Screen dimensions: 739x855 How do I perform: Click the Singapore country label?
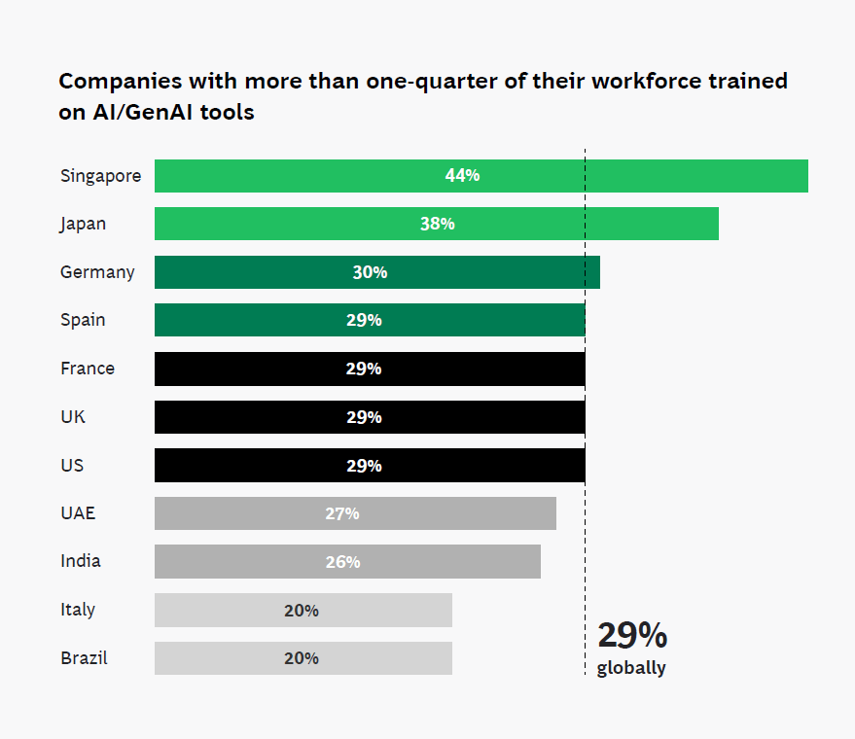click(x=100, y=176)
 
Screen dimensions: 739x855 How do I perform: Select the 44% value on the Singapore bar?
click(x=462, y=176)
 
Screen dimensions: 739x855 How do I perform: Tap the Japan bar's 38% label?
click(x=438, y=224)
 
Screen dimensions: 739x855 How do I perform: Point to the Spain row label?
click(x=83, y=320)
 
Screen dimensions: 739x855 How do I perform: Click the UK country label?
click(x=73, y=416)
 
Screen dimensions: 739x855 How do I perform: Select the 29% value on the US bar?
click(x=364, y=465)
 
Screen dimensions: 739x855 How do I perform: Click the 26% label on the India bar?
click(x=342, y=561)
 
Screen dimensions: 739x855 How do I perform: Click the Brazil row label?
click(x=84, y=657)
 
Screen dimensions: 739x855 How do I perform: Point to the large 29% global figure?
click(x=632, y=635)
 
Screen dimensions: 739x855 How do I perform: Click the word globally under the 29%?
click(x=631, y=668)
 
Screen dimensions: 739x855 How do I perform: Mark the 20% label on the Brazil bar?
click(x=302, y=657)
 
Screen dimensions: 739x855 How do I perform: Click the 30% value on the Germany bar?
click(x=370, y=272)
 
